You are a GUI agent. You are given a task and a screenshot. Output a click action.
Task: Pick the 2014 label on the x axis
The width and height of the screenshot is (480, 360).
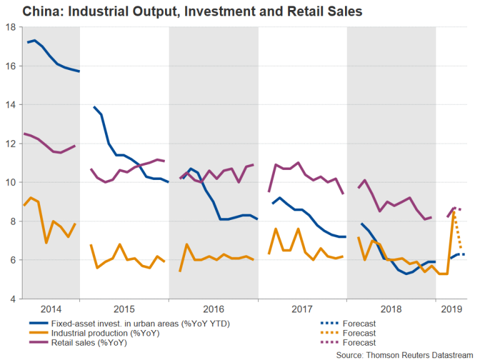(x=50, y=309)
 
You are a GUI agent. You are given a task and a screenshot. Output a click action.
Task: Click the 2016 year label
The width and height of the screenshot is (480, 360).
(x=214, y=309)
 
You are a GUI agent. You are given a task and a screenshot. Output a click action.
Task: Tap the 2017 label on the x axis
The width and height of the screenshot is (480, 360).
(x=302, y=309)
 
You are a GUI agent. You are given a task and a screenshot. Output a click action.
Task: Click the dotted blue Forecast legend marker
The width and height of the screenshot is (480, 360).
(x=322, y=323)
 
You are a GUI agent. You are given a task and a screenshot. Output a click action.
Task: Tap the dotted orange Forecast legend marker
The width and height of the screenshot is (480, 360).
(x=322, y=332)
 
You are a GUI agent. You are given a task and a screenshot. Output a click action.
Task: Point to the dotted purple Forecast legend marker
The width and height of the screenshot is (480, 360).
(x=322, y=342)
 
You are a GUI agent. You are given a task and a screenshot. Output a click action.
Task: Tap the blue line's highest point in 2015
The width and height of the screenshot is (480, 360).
(x=94, y=107)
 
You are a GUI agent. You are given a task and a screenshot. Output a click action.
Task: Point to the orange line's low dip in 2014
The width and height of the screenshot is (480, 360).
(x=46, y=242)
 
